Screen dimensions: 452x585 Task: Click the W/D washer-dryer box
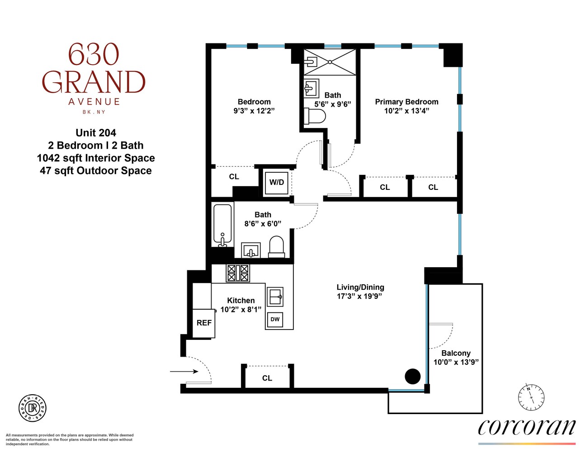tap(276, 183)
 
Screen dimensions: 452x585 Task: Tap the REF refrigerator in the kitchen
tap(204, 323)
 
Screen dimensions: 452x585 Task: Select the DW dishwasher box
tap(275, 320)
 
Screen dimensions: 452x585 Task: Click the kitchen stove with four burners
tap(238, 273)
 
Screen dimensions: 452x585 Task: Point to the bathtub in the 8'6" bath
tap(222, 225)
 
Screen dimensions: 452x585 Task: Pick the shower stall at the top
tap(330, 62)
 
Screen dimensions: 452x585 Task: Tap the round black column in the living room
tap(412, 376)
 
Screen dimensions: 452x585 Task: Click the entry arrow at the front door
tap(184, 372)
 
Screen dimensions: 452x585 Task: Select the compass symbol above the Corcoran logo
tap(531, 398)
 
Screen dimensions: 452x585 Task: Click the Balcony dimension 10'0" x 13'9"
tap(456, 362)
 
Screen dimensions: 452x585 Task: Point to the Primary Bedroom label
tap(406, 102)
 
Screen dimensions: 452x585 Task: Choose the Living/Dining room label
tap(360, 287)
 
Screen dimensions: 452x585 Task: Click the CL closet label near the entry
tap(267, 378)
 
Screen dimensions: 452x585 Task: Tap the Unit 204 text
tap(96, 133)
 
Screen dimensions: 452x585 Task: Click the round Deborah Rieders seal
tap(33, 408)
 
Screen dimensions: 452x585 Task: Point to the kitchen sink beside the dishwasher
tap(275, 297)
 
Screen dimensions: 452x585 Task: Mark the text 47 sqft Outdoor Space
tap(96, 171)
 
